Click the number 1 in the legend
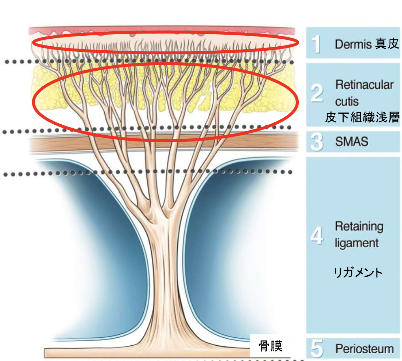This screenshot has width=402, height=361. click(x=317, y=44)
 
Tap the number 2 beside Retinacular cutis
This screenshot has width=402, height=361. click(x=317, y=93)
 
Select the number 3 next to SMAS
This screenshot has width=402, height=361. click(x=317, y=142)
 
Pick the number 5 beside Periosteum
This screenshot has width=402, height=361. click(x=317, y=349)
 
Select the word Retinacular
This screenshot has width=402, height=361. click(x=364, y=85)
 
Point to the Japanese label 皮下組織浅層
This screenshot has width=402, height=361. click(x=362, y=117)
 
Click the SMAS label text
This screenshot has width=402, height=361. click(x=352, y=142)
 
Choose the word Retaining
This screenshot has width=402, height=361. click(x=359, y=227)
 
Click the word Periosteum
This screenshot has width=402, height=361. click(x=364, y=349)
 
